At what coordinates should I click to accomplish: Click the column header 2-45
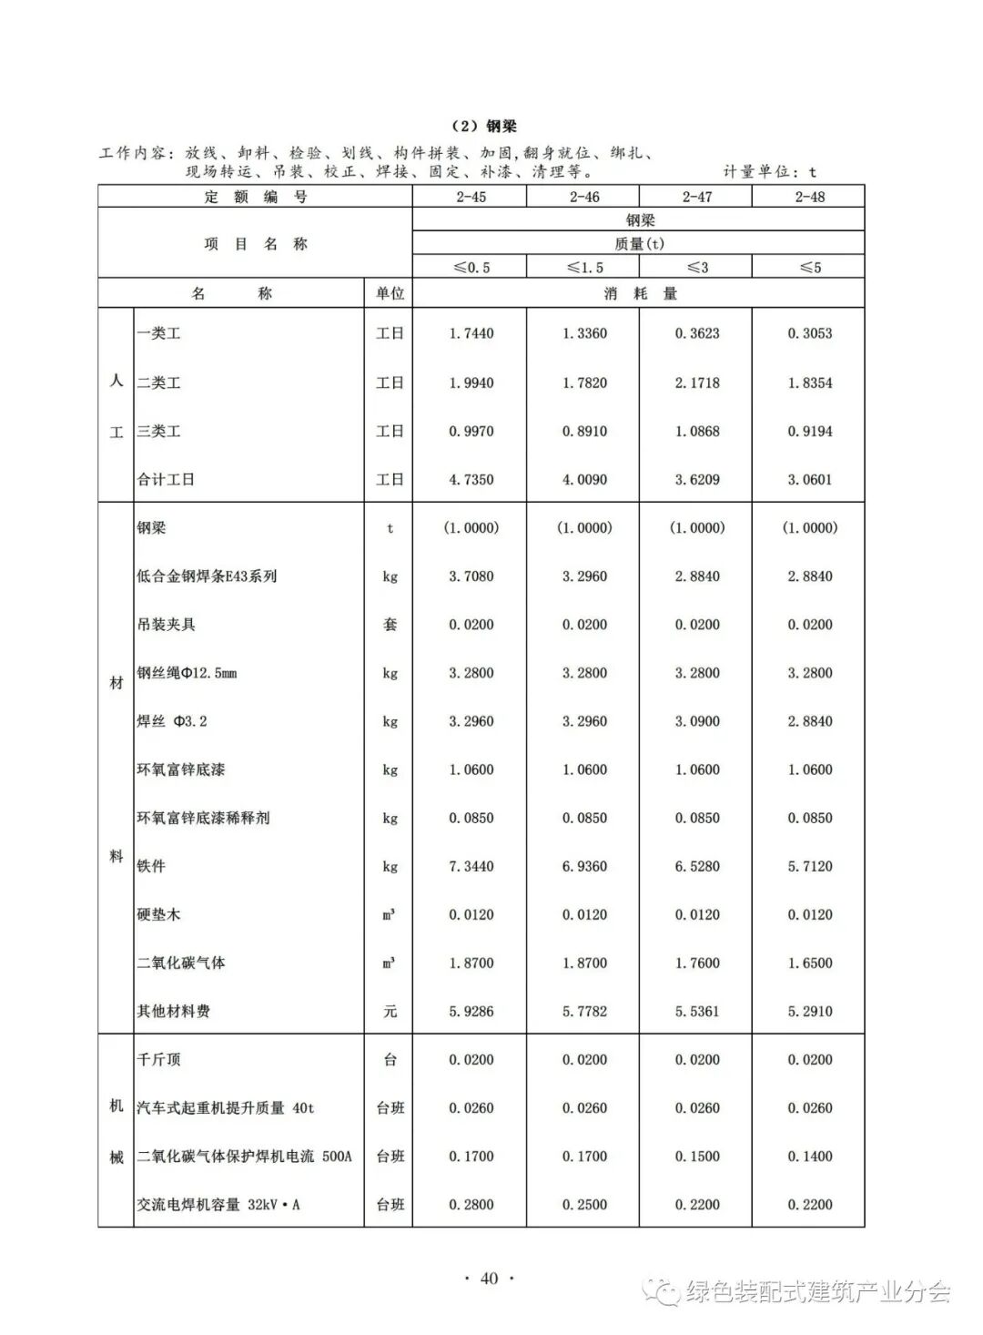[471, 197]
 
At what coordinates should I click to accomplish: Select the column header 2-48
[809, 197]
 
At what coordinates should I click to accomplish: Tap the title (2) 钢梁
[483, 127]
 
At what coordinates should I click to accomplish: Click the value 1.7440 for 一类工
[471, 333]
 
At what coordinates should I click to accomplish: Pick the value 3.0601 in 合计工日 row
[809, 480]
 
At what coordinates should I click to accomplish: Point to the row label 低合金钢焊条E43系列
[207, 576]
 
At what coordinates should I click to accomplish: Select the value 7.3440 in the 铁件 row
[471, 866]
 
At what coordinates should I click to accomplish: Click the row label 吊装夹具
[166, 625]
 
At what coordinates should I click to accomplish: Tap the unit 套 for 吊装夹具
[390, 625]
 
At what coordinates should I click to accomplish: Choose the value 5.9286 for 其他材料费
[471, 1011]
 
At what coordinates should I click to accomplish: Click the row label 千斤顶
[158, 1059]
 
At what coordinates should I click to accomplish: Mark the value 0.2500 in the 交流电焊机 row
[584, 1205]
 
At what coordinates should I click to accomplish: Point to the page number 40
[490, 1279]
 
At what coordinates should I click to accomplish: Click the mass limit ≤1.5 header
[584, 268]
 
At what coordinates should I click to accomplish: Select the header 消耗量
[640, 294]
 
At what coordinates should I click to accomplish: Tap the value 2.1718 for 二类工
[697, 383]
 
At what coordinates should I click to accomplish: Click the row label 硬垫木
[158, 914]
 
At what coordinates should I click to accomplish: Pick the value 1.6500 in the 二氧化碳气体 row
[809, 963]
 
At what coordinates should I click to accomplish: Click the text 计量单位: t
[770, 172]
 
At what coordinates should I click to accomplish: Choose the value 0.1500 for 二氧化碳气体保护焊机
[697, 1157]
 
